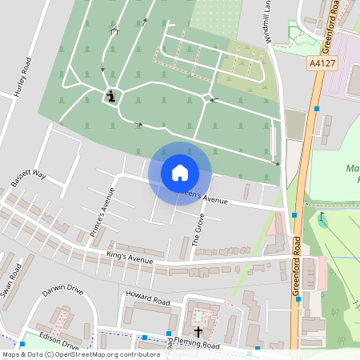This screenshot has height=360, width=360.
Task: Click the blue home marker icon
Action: click(180, 173)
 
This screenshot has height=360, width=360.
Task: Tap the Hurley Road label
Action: click(22, 78)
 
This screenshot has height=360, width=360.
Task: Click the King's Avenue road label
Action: click(129, 259)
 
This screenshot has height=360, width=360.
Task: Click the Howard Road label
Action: click(147, 302)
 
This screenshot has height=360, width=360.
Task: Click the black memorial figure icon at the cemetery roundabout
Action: click(111, 97)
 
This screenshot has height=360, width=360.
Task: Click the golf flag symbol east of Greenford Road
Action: click(322, 218)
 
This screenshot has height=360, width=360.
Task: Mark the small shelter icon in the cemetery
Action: click(114, 30)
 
